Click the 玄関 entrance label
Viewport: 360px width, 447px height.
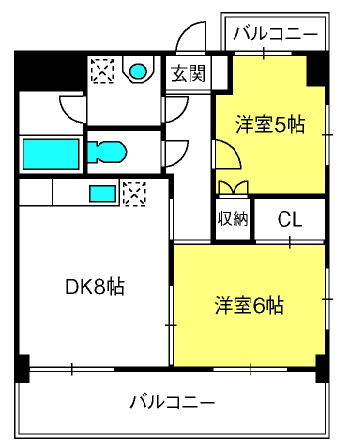188,73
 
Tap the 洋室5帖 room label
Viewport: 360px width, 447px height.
270,125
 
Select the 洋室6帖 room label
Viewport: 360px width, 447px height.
249,305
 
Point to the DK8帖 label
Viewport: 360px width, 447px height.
95,287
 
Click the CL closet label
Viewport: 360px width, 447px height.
290,219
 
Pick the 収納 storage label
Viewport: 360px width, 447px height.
233,219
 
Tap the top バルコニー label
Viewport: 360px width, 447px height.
275,34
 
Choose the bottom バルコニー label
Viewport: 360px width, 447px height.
172,402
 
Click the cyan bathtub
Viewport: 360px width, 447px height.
51,154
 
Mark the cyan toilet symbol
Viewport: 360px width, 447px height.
107,152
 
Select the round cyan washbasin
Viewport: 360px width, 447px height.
138,71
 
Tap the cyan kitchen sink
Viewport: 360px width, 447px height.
103,193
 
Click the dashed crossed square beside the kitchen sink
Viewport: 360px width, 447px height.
134,193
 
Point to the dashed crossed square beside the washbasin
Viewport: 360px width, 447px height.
103,70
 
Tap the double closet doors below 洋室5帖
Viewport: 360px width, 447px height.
233,187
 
